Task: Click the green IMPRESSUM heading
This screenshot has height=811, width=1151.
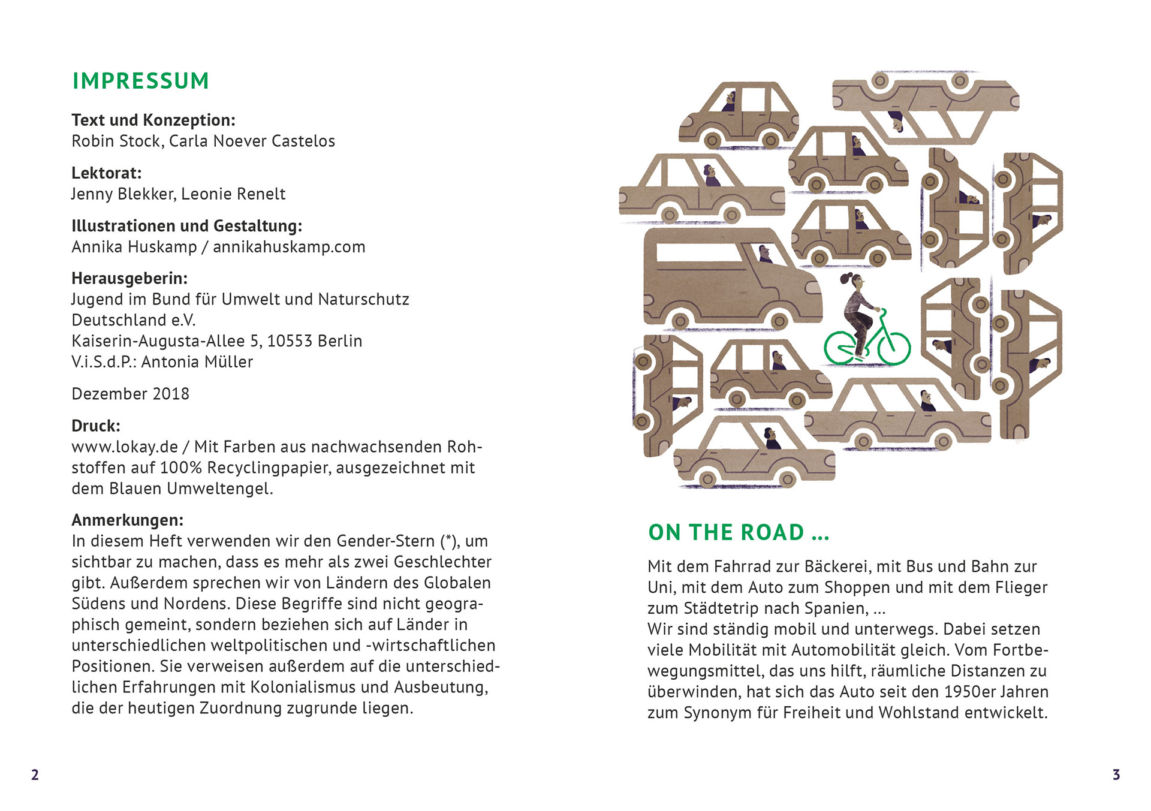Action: [140, 81]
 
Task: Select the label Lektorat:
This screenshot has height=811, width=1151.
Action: [107, 173]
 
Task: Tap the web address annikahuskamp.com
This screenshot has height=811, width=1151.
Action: [289, 247]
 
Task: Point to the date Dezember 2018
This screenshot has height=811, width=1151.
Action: [130, 394]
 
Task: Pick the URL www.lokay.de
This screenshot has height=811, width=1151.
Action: [125, 447]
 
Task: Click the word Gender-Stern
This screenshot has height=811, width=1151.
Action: [386, 541]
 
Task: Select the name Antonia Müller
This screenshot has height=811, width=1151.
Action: [197, 362]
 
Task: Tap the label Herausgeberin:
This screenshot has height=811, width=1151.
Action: [129, 279]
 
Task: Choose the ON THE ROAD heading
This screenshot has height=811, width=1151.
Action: [738, 532]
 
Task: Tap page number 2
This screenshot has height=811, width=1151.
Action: [35, 774]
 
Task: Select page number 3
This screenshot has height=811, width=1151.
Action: [1116, 774]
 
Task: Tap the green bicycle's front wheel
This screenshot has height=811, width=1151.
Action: [894, 348]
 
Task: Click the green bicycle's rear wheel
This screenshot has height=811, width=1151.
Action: [840, 348]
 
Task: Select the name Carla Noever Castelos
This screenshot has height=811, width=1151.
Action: [252, 141]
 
